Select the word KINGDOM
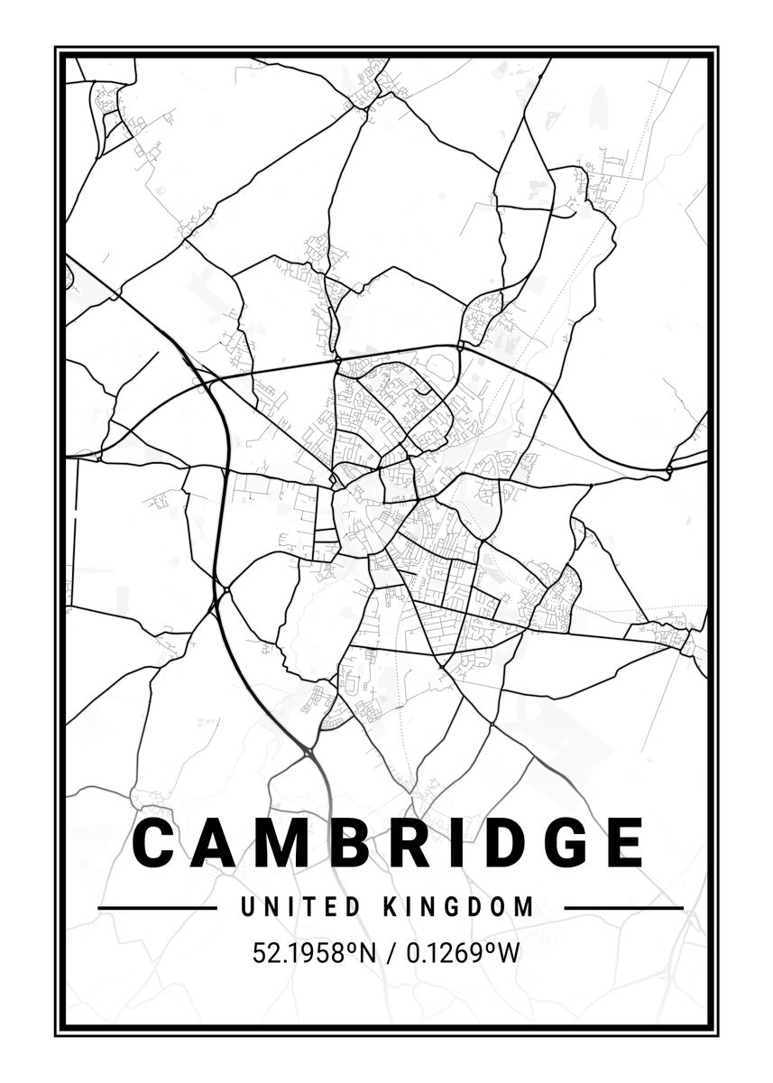(x=459, y=906)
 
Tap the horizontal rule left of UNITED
(x=157, y=907)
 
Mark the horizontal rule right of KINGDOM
(x=622, y=907)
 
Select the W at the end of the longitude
(x=509, y=953)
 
